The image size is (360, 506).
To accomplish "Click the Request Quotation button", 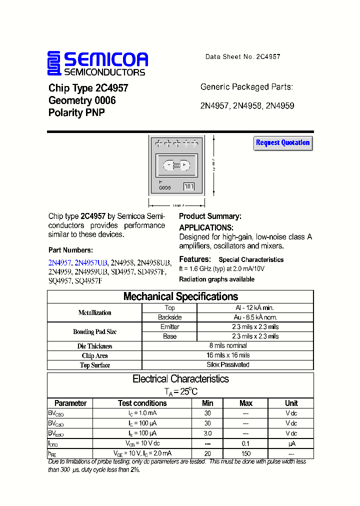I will pos(283,143).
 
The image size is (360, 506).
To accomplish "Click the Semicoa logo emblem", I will pos(54,63).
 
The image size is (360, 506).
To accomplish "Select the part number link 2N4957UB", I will pos(91,262).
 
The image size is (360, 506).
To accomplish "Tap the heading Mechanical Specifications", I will pos(180,296).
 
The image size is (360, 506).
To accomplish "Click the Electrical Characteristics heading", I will pos(180,379).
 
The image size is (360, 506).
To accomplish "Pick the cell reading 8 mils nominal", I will pos(228,345).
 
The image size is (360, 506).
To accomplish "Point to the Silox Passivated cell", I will pos(228,364).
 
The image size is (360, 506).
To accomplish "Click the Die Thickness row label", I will pos(95,346).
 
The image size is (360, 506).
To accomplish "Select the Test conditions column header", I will pos(142,403).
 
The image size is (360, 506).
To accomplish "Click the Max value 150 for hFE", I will pos(245,453).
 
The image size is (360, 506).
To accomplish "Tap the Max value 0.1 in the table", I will pos(245,443).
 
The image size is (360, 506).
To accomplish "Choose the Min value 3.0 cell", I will pos(207,433).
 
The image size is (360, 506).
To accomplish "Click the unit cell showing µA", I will pos(291,443).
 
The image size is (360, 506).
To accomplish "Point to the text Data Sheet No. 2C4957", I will pos(242,57).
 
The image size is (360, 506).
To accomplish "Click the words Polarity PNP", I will pos(76,113).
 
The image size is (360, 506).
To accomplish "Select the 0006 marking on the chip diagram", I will pos(165,188).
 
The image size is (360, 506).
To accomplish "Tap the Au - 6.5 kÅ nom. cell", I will pos(255,317).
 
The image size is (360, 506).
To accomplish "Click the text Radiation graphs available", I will pos(216,279).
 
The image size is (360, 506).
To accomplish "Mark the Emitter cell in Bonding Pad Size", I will pos(169,326).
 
